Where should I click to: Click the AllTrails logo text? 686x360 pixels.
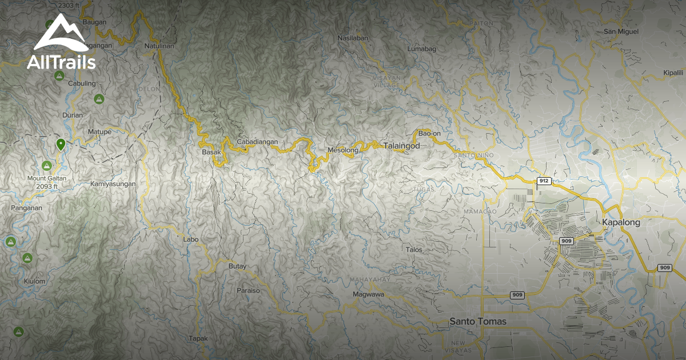point(61,62)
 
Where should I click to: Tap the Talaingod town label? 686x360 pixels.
point(401,146)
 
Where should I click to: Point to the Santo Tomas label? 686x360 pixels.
point(478,322)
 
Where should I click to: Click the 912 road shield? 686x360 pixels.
point(544,181)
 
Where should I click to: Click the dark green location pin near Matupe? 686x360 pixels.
point(61,144)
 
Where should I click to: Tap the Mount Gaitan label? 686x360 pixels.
point(47,178)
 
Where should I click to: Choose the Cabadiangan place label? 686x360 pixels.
point(257,142)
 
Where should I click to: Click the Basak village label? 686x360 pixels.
point(211,153)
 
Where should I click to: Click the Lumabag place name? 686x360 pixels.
point(421,49)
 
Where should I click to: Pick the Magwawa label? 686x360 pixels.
point(368,294)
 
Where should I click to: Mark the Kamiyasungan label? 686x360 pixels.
point(113,184)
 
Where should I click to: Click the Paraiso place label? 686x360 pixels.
point(248,290)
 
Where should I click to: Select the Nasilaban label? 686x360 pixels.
point(353,38)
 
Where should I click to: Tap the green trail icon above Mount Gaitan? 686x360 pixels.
point(47,166)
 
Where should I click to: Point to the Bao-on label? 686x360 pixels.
point(429,133)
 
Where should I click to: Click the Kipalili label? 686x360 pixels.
point(673,73)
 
